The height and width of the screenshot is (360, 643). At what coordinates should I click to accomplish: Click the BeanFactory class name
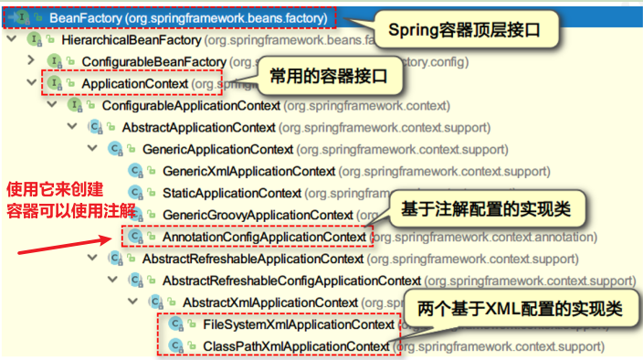pos(88,17)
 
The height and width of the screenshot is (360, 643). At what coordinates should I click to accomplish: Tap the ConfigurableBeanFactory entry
pos(148,61)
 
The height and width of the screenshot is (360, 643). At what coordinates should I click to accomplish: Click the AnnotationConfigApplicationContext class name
pos(265,237)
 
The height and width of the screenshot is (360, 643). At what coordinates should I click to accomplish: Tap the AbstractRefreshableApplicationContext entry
pos(252,259)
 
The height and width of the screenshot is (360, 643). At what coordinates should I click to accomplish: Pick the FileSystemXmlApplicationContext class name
pos(299,324)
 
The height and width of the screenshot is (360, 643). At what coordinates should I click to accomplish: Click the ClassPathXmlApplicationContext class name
pos(296,345)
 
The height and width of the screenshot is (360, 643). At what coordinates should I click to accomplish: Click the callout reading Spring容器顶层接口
pos(466,31)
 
